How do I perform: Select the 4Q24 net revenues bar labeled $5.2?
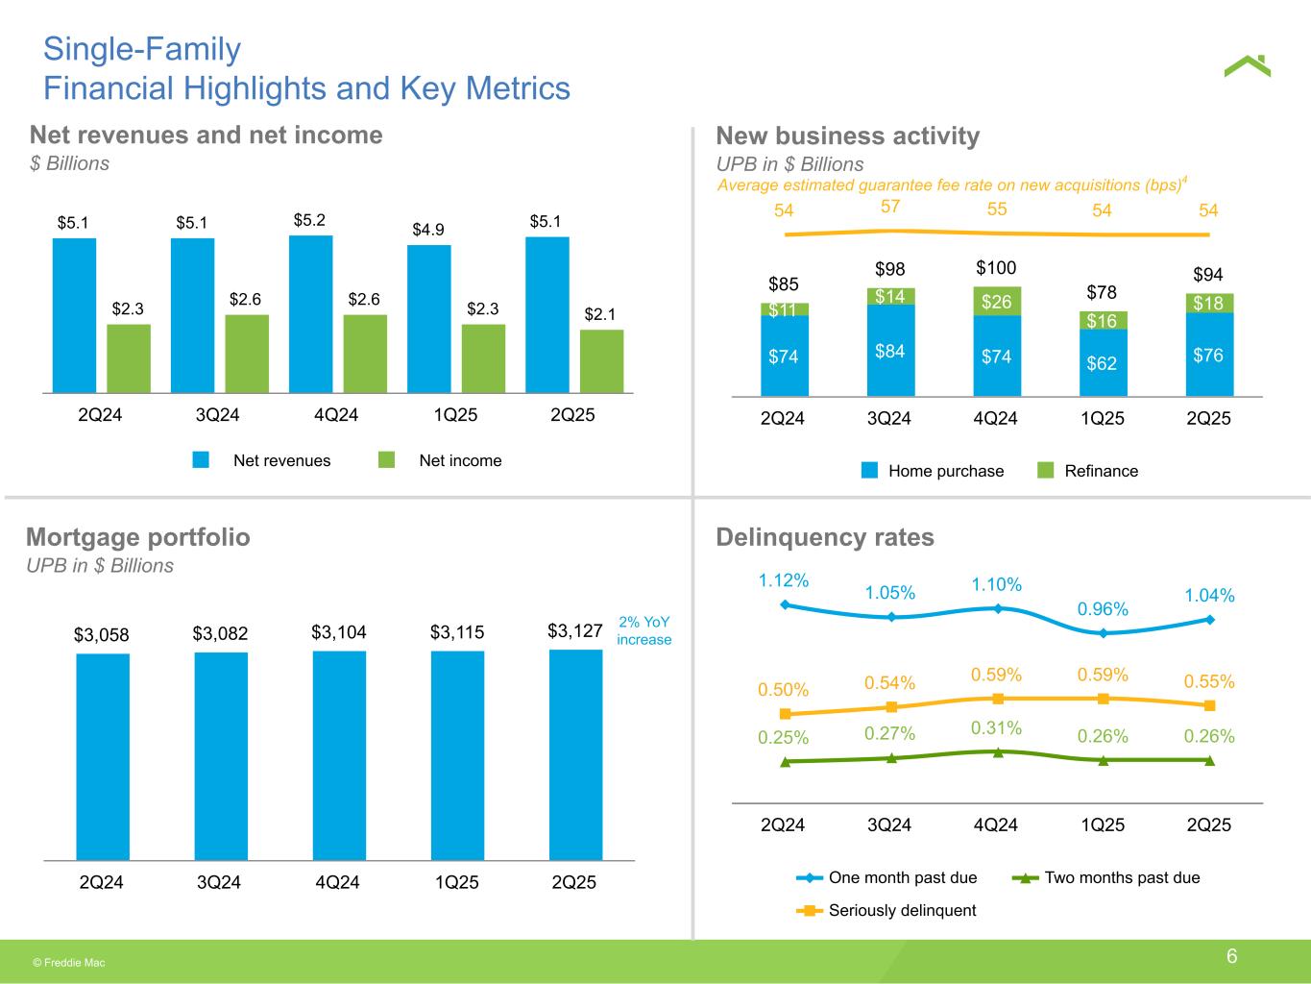pos(310,314)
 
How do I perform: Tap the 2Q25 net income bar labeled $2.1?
pos(601,361)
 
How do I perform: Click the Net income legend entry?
pos(440,460)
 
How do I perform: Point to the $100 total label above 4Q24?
pos(996,267)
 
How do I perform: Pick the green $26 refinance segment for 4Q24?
pos(996,302)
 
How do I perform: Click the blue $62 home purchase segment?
pos(1102,363)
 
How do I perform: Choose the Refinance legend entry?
pos(1089,471)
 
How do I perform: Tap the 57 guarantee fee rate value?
pos(890,207)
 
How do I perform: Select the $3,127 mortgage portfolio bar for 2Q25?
pos(575,754)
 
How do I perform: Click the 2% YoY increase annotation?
pos(643,631)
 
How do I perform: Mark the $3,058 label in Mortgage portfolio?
pos(102,634)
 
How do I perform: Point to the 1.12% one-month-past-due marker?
pos(786,604)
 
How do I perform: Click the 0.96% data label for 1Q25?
pos(1103,609)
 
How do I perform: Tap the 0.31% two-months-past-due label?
pos(996,728)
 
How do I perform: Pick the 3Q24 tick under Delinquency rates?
pos(889,824)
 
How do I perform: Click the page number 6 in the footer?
pos(1231,956)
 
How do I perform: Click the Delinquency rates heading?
pos(825,536)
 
